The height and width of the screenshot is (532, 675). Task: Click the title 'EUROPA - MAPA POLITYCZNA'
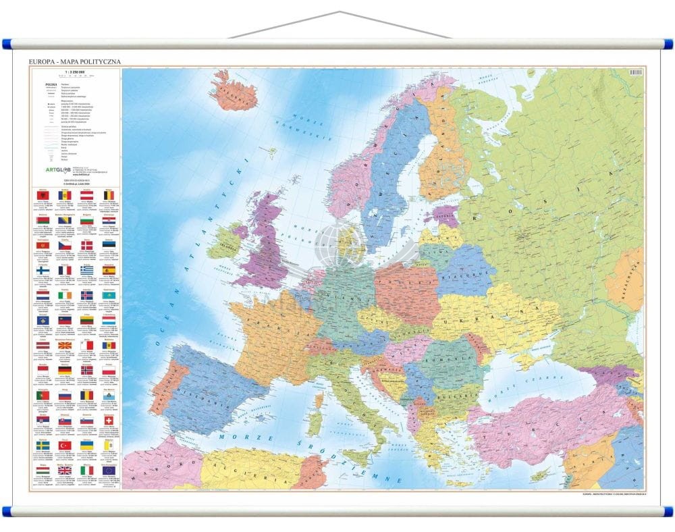(74, 61)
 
